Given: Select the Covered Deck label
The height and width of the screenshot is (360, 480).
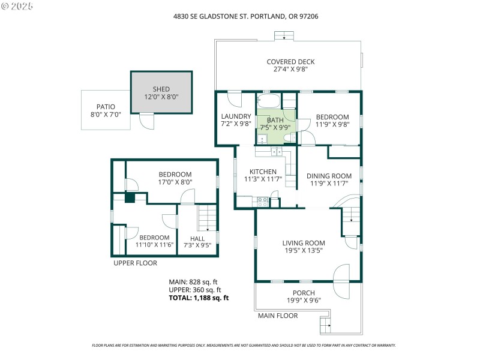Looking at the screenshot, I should point(290,62).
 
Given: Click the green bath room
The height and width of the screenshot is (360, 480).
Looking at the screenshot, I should point(276,123).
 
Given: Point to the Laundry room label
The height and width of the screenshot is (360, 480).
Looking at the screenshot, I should point(231,116).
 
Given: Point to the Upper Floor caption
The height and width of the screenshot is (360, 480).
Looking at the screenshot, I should point(135,263).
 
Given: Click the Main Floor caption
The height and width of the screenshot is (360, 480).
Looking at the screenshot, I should point(278,316).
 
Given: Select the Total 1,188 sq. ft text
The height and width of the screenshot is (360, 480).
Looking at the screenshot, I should point(199,298).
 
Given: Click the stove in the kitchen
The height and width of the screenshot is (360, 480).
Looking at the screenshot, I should point(262,202).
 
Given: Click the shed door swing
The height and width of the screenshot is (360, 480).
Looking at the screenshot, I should point(146,121).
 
